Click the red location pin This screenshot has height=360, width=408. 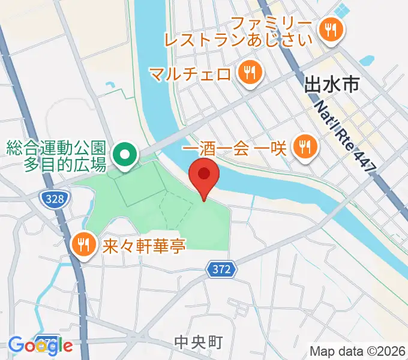[x=204, y=176]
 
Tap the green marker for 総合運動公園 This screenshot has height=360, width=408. [x=124, y=154]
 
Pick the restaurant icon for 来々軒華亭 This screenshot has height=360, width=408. [x=84, y=244]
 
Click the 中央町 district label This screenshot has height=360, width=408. [x=198, y=343]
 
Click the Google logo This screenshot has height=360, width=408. [x=40, y=346]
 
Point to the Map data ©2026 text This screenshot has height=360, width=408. [x=358, y=352]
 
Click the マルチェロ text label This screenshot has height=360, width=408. [x=190, y=74]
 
